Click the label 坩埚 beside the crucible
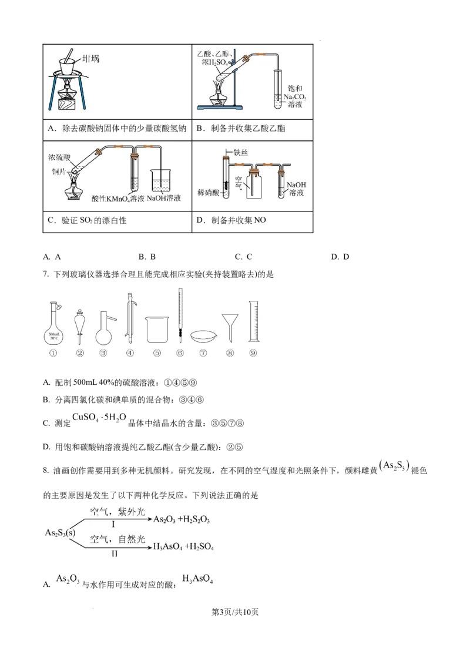coord(92,59)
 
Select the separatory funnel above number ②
coord(80,323)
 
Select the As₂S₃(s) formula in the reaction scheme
coord(61,532)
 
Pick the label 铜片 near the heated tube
coord(59,171)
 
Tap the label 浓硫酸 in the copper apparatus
coord(61,159)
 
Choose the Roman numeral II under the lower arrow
coord(115,554)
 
